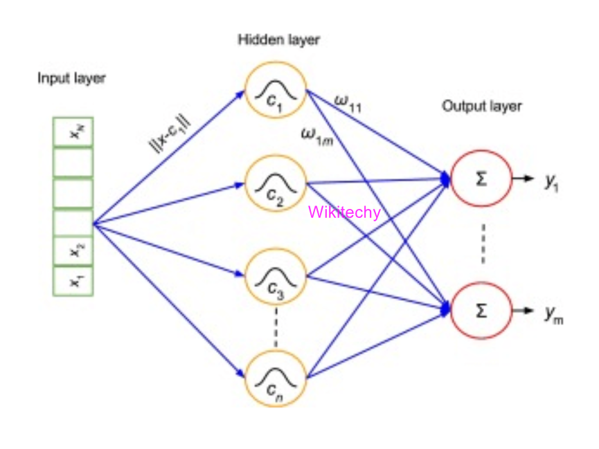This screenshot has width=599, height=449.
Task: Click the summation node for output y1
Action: [481, 178]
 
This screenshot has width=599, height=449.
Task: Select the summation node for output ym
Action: [481, 311]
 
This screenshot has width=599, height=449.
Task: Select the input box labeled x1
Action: [73, 280]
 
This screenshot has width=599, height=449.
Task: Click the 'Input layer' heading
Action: [71, 78]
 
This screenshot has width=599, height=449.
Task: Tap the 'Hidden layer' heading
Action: [278, 39]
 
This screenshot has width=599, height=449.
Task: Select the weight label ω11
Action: [347, 104]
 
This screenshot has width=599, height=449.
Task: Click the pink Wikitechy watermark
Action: [344, 212]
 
